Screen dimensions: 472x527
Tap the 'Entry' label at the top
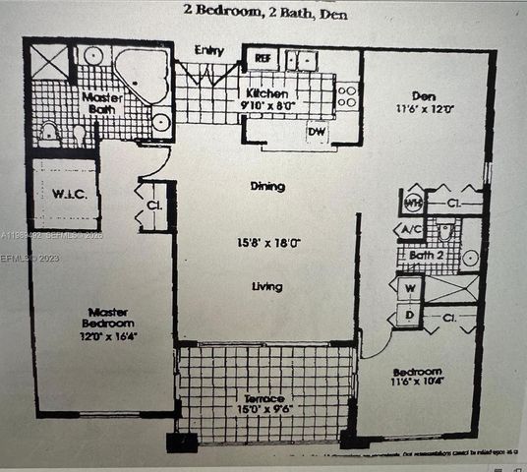tap(209, 51)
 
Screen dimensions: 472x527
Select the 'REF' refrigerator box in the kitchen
tap(262, 58)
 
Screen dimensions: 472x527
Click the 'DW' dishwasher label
tap(316, 131)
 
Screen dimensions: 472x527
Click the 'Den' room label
tap(424, 96)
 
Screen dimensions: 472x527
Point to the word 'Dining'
tap(266, 186)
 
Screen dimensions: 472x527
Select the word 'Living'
tap(266, 287)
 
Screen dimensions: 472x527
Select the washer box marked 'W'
tap(409, 288)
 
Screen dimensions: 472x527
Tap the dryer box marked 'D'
tap(409, 316)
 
